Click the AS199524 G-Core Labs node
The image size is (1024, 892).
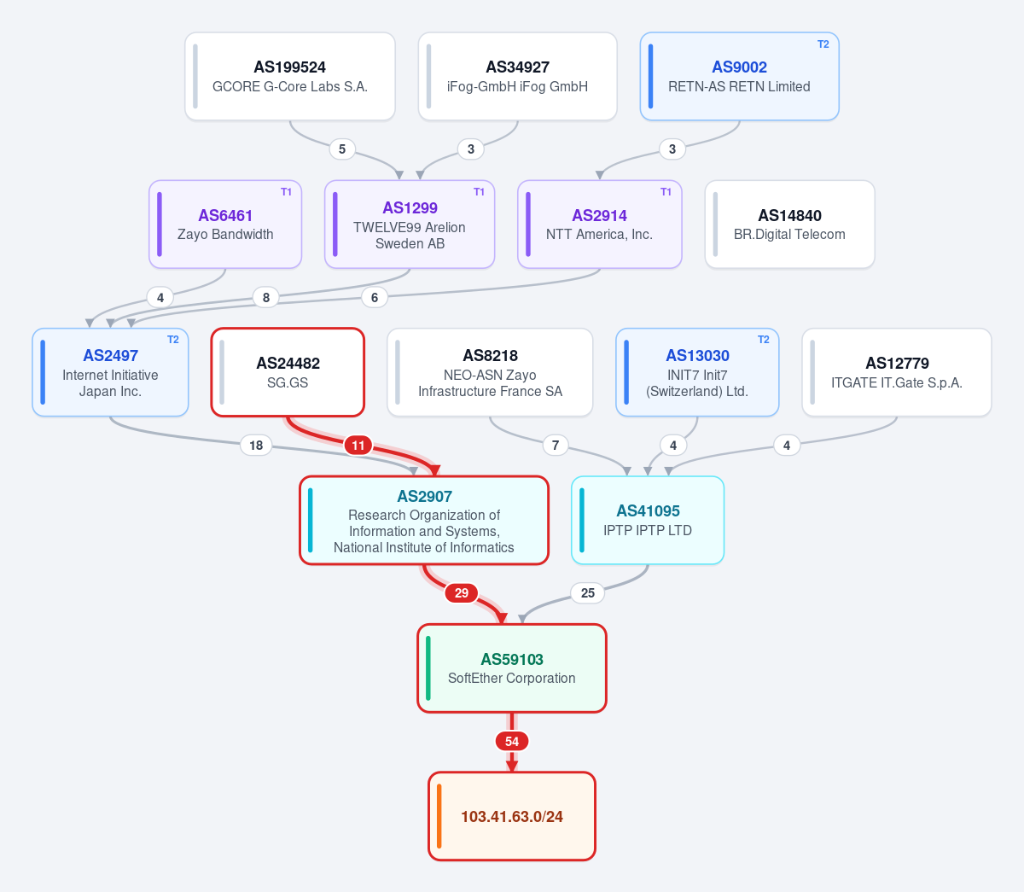[290, 76]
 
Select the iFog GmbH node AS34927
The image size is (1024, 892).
[517, 76]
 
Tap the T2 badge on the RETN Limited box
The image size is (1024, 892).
[823, 44]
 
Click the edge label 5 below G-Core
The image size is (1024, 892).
[342, 149]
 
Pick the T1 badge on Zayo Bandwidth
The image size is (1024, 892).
[286, 192]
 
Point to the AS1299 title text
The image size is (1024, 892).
[410, 207]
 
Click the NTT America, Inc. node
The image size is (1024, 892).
[600, 224]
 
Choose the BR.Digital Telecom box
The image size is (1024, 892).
[790, 224]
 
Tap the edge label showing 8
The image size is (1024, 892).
[266, 297]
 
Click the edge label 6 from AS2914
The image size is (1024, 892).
[375, 297]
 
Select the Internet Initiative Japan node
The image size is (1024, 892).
[110, 372]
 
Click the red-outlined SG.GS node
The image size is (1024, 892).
[288, 372]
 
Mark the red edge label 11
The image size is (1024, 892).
[358, 445]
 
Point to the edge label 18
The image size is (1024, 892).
[256, 445]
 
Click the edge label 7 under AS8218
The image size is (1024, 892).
[556, 445]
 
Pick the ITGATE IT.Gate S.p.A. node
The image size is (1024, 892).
[896, 372]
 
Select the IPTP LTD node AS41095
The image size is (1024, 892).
[648, 520]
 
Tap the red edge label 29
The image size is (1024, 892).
[462, 593]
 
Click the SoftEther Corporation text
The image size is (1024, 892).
[511, 679]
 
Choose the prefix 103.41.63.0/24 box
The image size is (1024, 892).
[511, 816]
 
